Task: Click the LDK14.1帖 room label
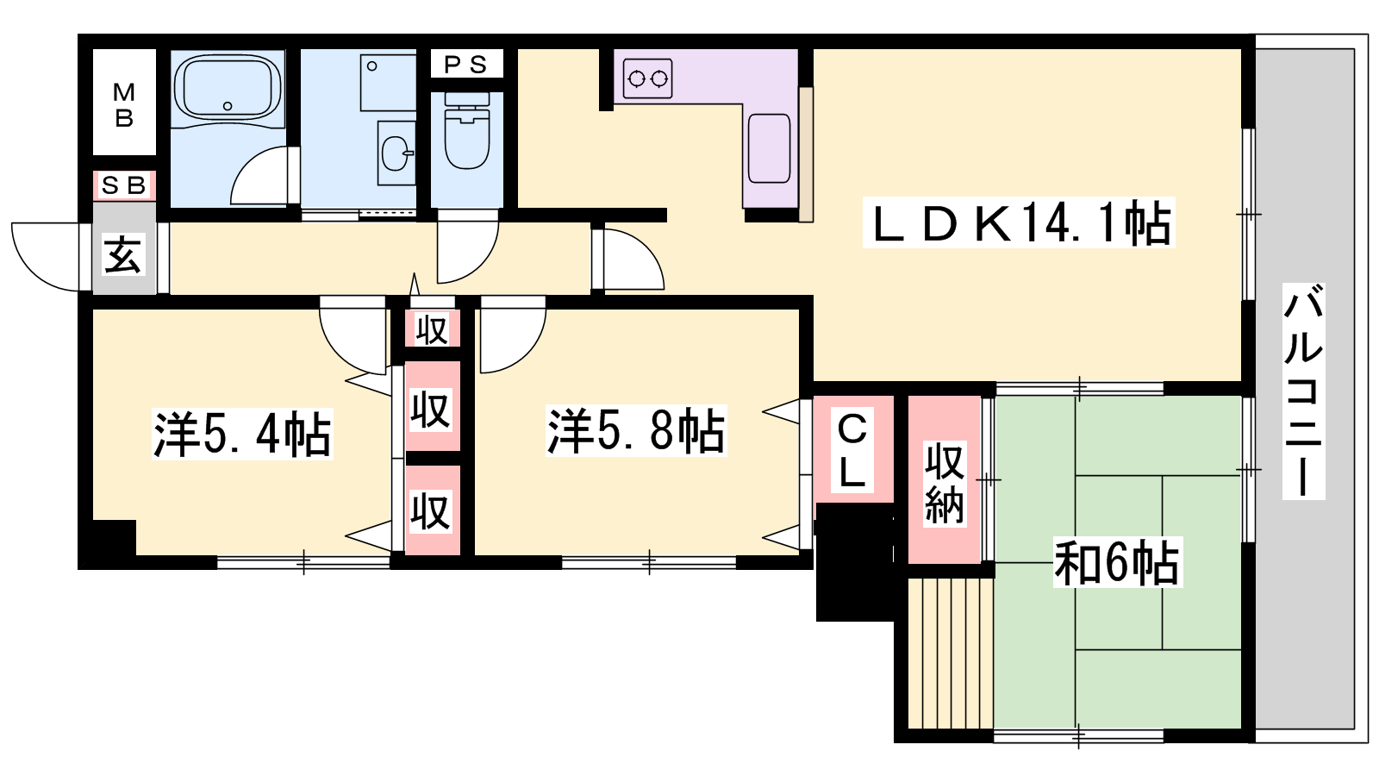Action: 1019,222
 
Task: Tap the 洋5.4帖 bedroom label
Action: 242,434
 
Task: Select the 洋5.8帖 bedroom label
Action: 636,430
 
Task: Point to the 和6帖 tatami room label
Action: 1117,562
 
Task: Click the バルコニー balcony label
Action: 1303,391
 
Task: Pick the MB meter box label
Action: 124,104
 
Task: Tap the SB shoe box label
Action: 124,185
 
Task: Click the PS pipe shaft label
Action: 466,64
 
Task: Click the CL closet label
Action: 852,452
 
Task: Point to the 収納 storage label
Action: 945,484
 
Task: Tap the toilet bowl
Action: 466,131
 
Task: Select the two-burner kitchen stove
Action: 647,78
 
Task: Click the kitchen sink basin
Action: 769,148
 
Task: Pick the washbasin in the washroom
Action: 396,153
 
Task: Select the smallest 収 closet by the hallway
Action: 432,329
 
